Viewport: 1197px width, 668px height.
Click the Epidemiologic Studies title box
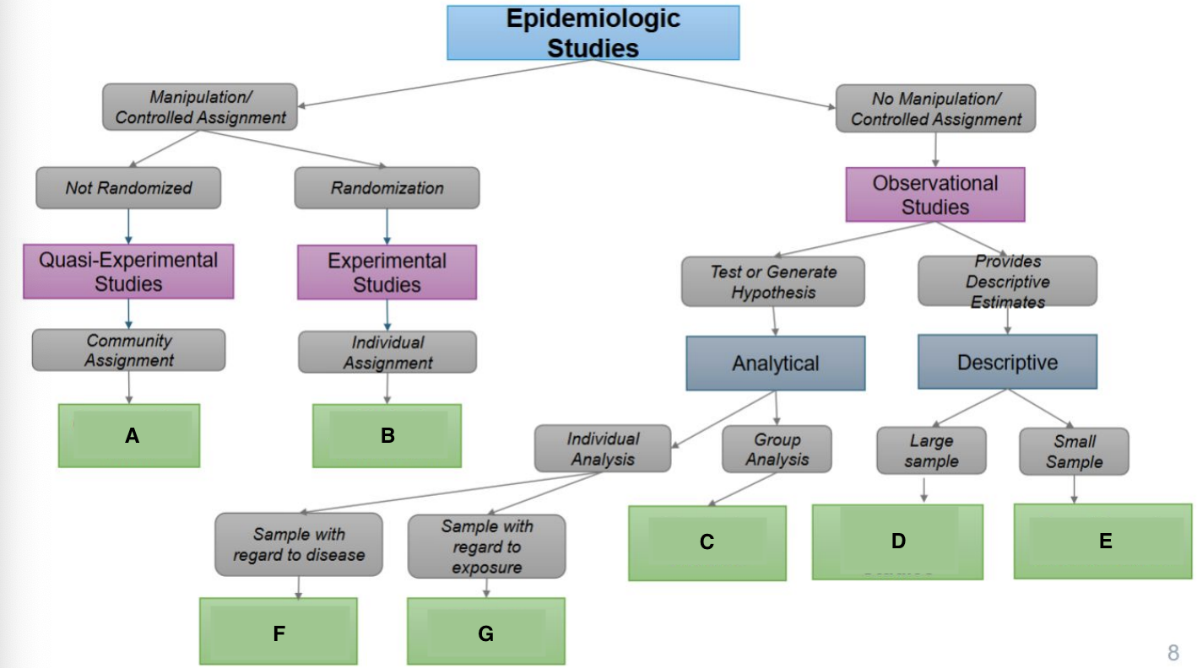click(x=593, y=33)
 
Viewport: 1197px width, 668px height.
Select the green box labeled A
click(x=129, y=435)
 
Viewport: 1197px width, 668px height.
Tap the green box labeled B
click(x=387, y=435)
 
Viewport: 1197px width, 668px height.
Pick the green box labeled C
click(x=707, y=542)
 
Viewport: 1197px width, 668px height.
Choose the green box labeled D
click(x=897, y=541)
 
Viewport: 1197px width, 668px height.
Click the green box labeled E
click(x=1103, y=541)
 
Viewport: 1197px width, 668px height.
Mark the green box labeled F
click(x=279, y=632)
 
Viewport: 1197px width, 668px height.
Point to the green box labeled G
click(x=485, y=632)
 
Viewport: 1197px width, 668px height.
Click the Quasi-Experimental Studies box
click(x=128, y=272)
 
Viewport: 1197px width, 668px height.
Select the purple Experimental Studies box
click(x=387, y=272)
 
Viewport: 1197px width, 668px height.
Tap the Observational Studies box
click(x=935, y=195)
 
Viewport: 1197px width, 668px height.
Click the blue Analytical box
click(x=775, y=364)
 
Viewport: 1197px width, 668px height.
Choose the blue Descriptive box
click(x=1007, y=362)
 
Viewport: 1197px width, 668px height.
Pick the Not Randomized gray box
click(x=128, y=188)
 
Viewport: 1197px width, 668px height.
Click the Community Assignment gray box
click(x=128, y=350)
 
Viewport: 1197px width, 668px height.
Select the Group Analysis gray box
click(x=777, y=449)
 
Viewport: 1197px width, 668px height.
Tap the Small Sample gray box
click(x=1074, y=451)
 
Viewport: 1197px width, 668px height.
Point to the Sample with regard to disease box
click(x=298, y=544)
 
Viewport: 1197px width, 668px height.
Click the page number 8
click(x=1173, y=651)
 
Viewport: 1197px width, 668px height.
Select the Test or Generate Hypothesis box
click(x=772, y=282)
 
